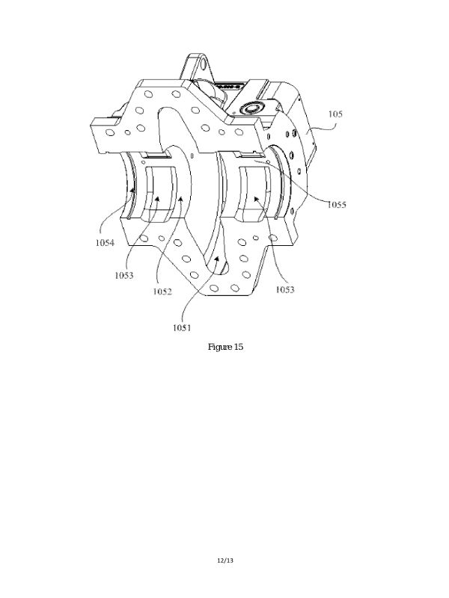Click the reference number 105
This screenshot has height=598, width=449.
pos(335,114)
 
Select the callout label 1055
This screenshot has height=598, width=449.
pos(337,205)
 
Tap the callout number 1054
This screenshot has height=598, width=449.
pos(105,242)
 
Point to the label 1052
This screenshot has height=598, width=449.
pos(162,292)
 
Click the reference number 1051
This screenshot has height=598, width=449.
pos(182,327)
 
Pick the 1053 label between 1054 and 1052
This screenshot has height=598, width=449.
pos(124,275)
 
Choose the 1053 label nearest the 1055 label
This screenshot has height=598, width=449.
pos(285,290)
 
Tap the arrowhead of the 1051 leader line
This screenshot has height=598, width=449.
pos(216,259)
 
